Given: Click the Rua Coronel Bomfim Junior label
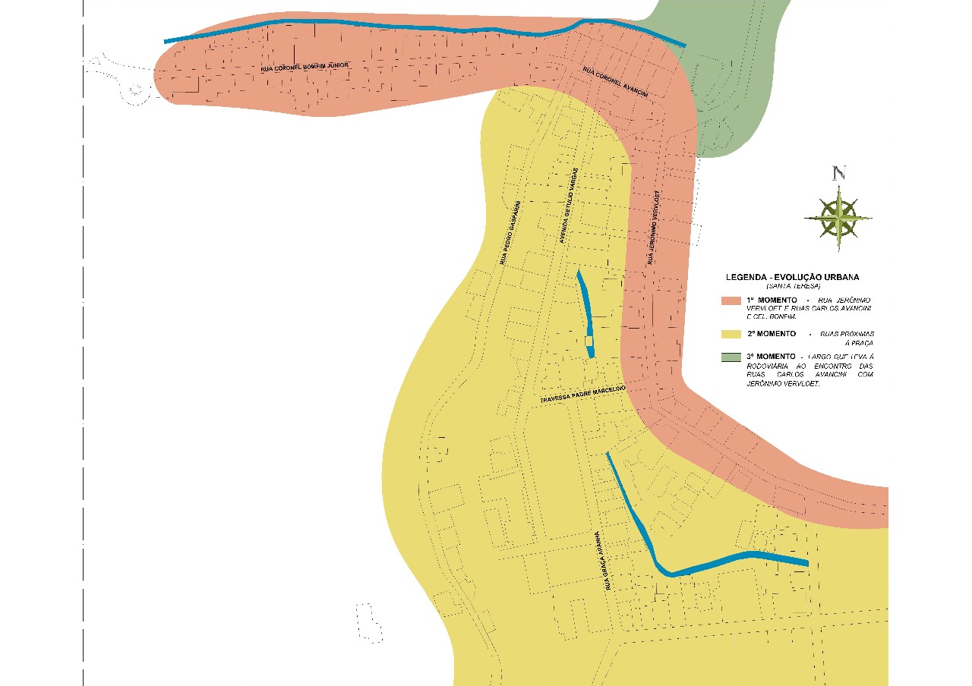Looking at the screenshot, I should click(305, 68).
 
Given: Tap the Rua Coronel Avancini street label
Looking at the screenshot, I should click(615, 82).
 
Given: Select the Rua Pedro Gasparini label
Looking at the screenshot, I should click(509, 232).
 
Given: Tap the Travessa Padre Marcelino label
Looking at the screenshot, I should click(582, 394).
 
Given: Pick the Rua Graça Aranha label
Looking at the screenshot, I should click(603, 561).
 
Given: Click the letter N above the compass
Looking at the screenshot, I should click(838, 173).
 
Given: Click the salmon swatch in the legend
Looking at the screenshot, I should click(731, 301).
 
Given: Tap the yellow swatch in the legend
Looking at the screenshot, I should click(731, 334).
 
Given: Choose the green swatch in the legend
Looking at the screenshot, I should click(731, 357).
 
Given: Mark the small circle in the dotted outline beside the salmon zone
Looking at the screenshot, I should click(136, 89).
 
